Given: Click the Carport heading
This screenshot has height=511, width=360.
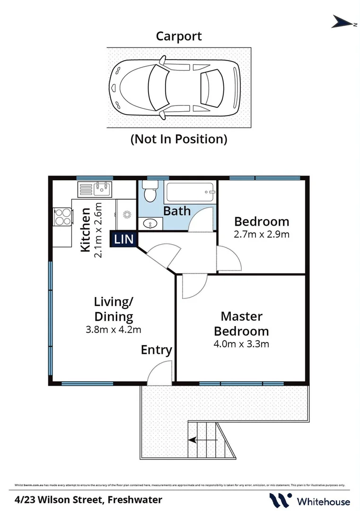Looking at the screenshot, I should pyautogui.click(x=179, y=36).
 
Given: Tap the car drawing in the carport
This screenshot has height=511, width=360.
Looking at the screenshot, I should pyautogui.click(x=174, y=88).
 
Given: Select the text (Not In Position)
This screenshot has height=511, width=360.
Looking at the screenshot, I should pyautogui.click(x=179, y=139).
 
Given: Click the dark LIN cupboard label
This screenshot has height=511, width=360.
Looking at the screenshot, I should pyautogui.click(x=124, y=239).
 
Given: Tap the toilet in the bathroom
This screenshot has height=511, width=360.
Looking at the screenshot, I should pyautogui.click(x=150, y=193).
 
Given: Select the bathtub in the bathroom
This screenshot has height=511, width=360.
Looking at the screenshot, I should pyautogui.click(x=190, y=193).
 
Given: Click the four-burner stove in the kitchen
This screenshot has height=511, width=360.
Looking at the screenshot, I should pyautogui.click(x=62, y=218).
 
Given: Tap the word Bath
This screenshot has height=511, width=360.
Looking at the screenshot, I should pyautogui.click(x=177, y=211).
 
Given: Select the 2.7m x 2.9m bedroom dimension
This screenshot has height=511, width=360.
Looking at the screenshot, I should pyautogui.click(x=262, y=234).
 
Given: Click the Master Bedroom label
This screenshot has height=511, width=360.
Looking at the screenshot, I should pyautogui.click(x=241, y=324).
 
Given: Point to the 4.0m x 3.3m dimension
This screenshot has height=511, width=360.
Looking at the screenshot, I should pyautogui.click(x=241, y=344).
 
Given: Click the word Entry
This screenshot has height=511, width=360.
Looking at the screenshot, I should pyautogui.click(x=156, y=350).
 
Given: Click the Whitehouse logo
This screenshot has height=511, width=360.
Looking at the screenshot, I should pyautogui.click(x=310, y=501).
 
